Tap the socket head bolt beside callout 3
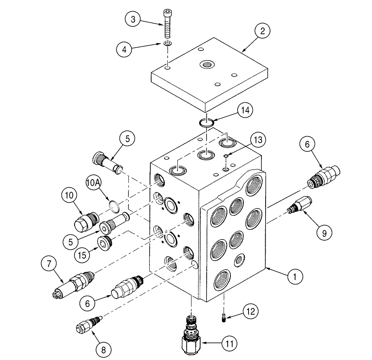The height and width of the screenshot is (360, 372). point(167,24)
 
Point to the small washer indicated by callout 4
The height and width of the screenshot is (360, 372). point(168,44)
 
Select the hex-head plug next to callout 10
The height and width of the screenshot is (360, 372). point(85,221)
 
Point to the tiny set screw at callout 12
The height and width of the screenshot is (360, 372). point(224,317)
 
